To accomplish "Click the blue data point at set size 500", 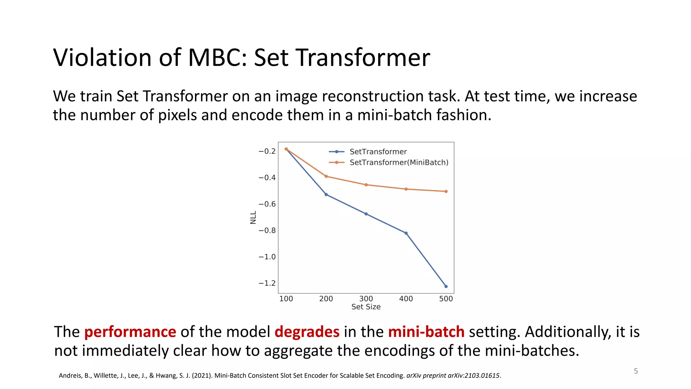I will pos(446,286).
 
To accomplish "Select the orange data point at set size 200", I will pos(326,176).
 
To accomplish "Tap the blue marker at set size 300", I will pos(366,214).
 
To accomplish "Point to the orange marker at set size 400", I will pos(406,189).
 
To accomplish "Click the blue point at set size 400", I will pos(406,233).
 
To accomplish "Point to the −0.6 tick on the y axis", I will pos(267,204).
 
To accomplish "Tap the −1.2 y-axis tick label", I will pos(267,283).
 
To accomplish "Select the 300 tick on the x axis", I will pos(366,299).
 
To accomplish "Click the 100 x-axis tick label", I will pos(286,299).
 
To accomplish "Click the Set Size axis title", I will pos(366,307).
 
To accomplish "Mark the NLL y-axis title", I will pos(253,217).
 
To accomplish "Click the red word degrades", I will pos(307,332).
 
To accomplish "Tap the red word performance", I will pos(130,332).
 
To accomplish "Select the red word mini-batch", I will pos(426,332).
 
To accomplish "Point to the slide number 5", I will pos(636,371).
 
